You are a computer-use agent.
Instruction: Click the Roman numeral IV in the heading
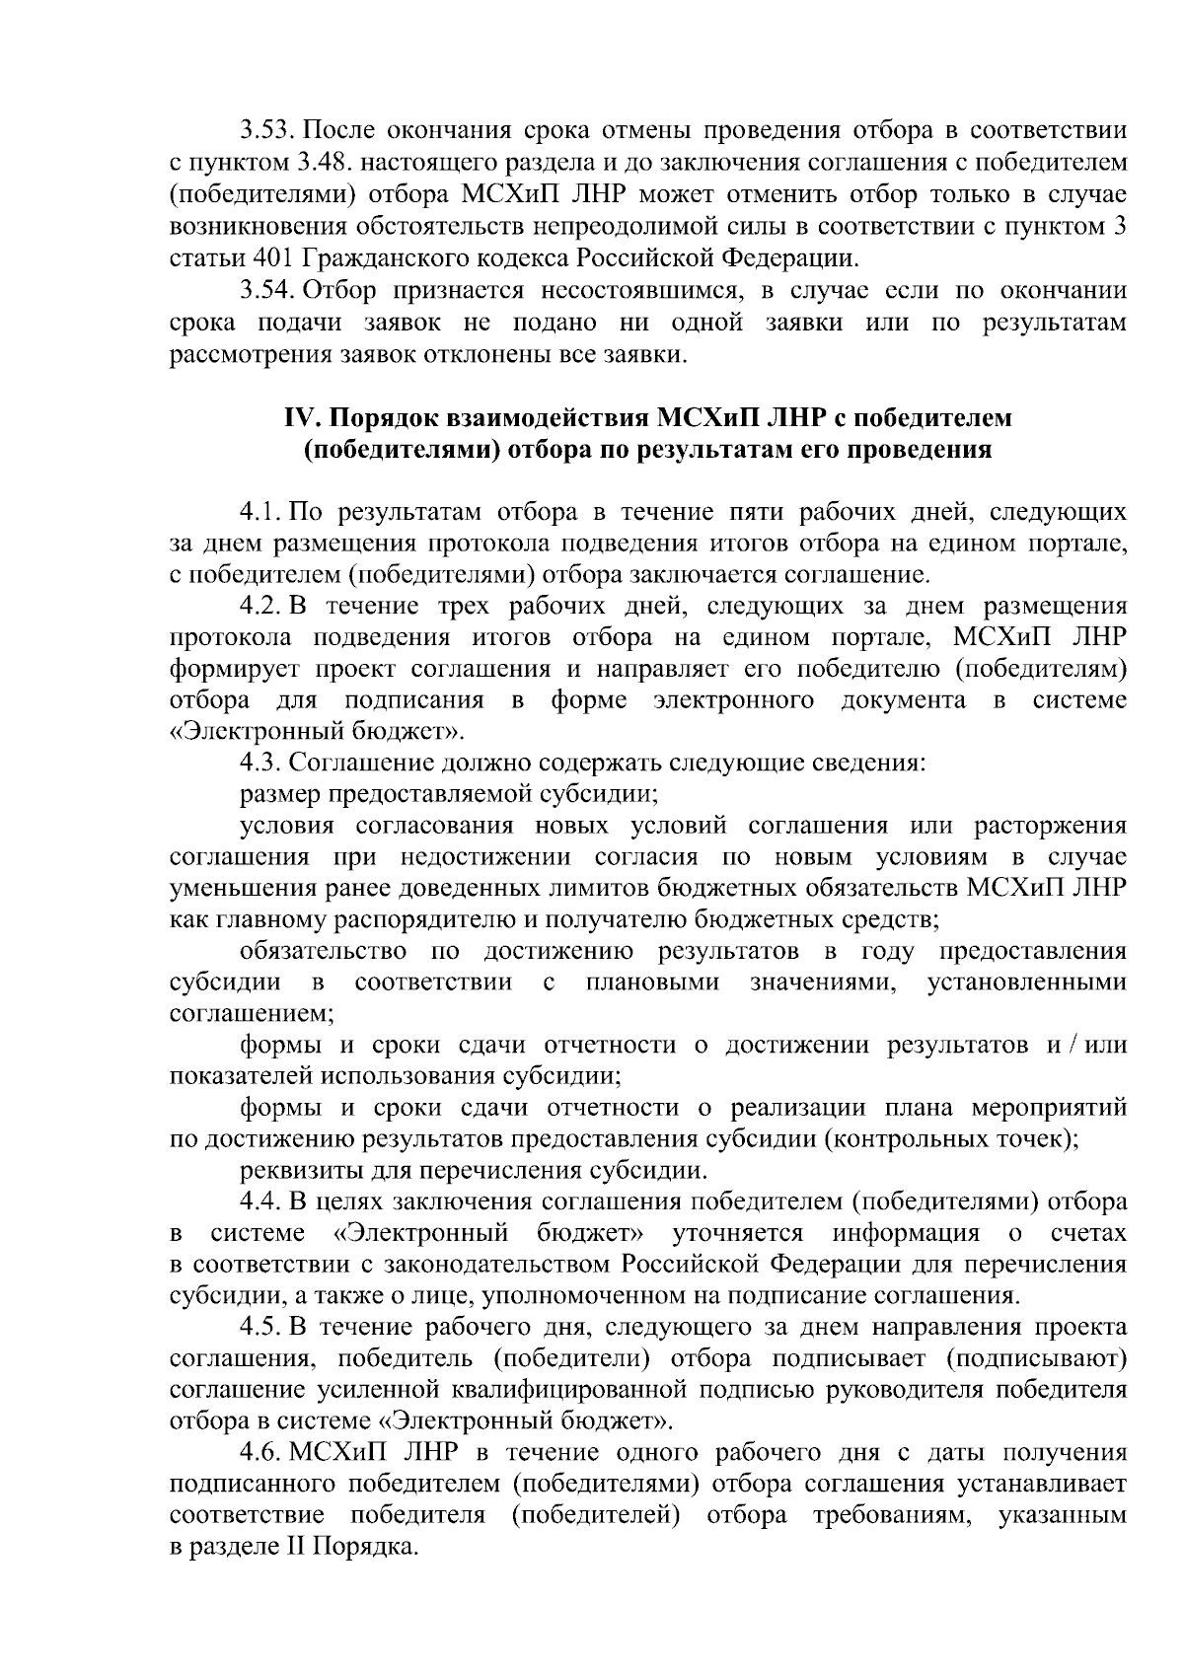pyautogui.click(x=297, y=418)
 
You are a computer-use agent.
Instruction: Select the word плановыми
pyautogui.click(x=651, y=983)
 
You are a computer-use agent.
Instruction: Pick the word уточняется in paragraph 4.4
pyautogui.click(x=737, y=1234)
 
